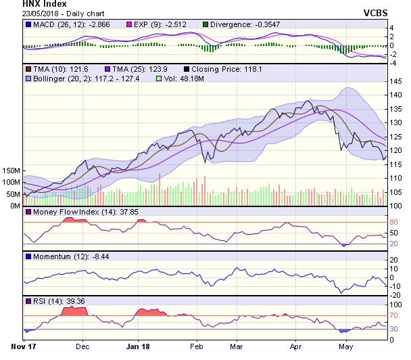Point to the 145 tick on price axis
coord(397,81)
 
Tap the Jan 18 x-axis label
coord(139,346)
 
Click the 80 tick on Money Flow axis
coord(394,222)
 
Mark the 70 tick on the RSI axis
coord(394,315)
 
